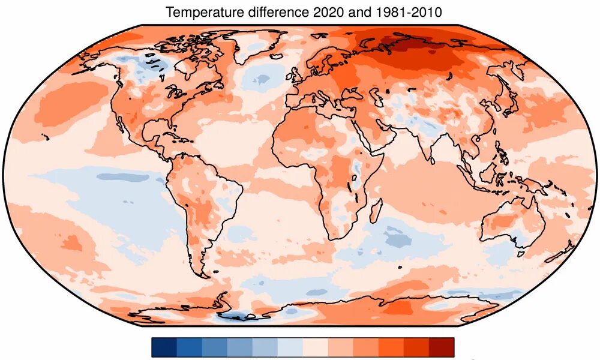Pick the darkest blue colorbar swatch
164,347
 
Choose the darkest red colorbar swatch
442,347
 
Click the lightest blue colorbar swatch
290,347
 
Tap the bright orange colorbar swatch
391,347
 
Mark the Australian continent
510,225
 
